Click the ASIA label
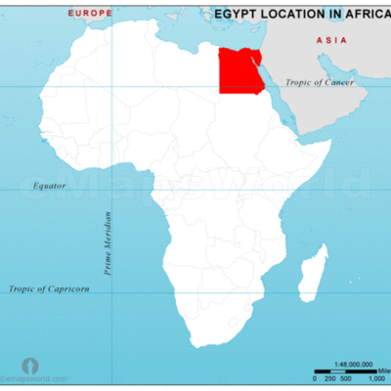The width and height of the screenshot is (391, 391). click(326, 41)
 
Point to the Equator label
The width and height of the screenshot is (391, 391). click(48, 185)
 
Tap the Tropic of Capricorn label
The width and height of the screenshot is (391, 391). click(49, 288)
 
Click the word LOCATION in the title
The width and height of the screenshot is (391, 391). click(297, 15)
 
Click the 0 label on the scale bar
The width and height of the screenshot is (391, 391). click(316, 376)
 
